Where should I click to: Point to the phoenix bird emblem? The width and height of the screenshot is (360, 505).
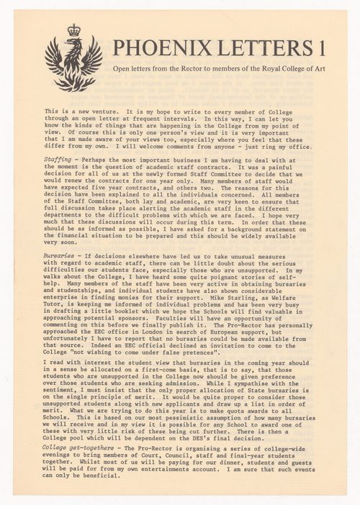[73, 63]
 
